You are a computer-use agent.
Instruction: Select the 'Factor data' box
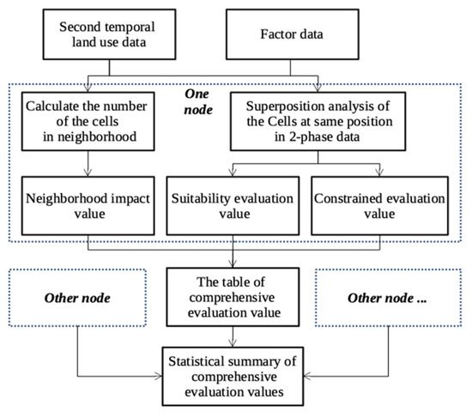click(x=320, y=35)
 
